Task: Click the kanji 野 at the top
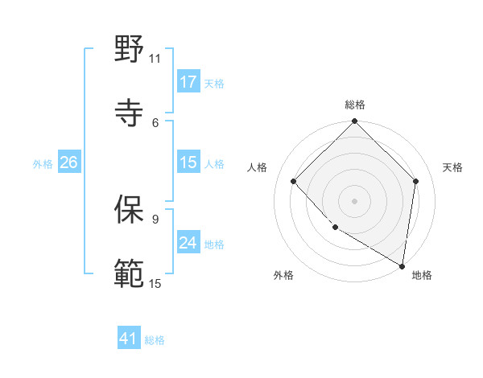coord(130,49)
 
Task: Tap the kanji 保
coord(130,207)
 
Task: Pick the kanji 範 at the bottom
coord(130,273)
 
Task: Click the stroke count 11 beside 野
coord(155,58)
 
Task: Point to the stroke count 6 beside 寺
coord(155,122)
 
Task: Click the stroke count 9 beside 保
coord(155,218)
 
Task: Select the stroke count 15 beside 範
coord(155,283)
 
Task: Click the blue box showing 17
coord(188,81)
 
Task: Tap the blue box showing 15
coord(188,162)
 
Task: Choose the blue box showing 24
coord(188,243)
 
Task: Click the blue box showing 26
coord(68,162)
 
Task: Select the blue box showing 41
coord(129,339)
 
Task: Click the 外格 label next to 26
coord(43,164)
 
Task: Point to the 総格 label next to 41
coord(155,340)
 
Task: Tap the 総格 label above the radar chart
coord(354,105)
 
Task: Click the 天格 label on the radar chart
coord(452,167)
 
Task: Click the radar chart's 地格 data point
coord(402,265)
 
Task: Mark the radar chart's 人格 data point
coord(294,181)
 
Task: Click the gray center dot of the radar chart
coord(354,200)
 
